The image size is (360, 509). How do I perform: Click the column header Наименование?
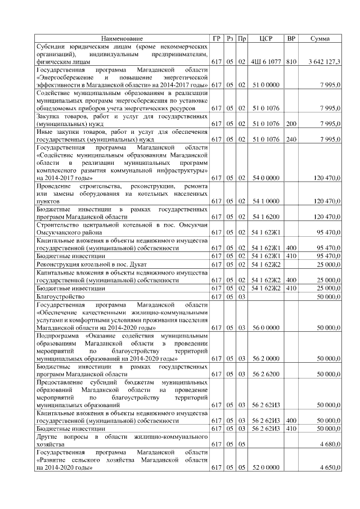[x=122, y=38]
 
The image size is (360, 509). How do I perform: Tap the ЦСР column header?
[x=266, y=38]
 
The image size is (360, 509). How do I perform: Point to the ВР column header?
[x=291, y=38]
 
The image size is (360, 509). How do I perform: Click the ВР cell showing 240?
[x=291, y=138]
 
